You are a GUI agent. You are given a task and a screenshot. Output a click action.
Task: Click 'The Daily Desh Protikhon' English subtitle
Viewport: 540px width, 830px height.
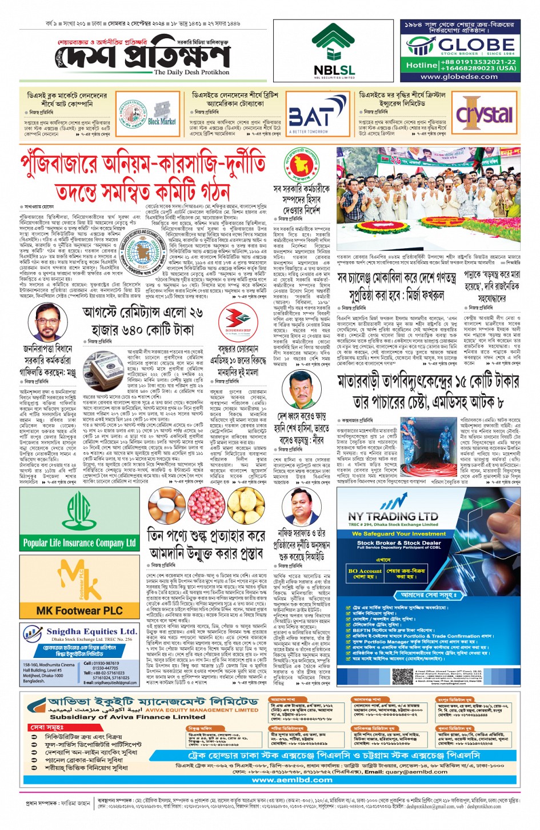tap(191, 73)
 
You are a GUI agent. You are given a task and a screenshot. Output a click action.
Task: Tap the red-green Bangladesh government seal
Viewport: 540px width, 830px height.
tap(300, 165)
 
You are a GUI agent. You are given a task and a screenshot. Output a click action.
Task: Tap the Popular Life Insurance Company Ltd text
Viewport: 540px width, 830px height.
tap(79, 542)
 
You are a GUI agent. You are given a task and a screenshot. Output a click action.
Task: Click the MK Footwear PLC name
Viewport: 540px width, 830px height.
tap(79, 610)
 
